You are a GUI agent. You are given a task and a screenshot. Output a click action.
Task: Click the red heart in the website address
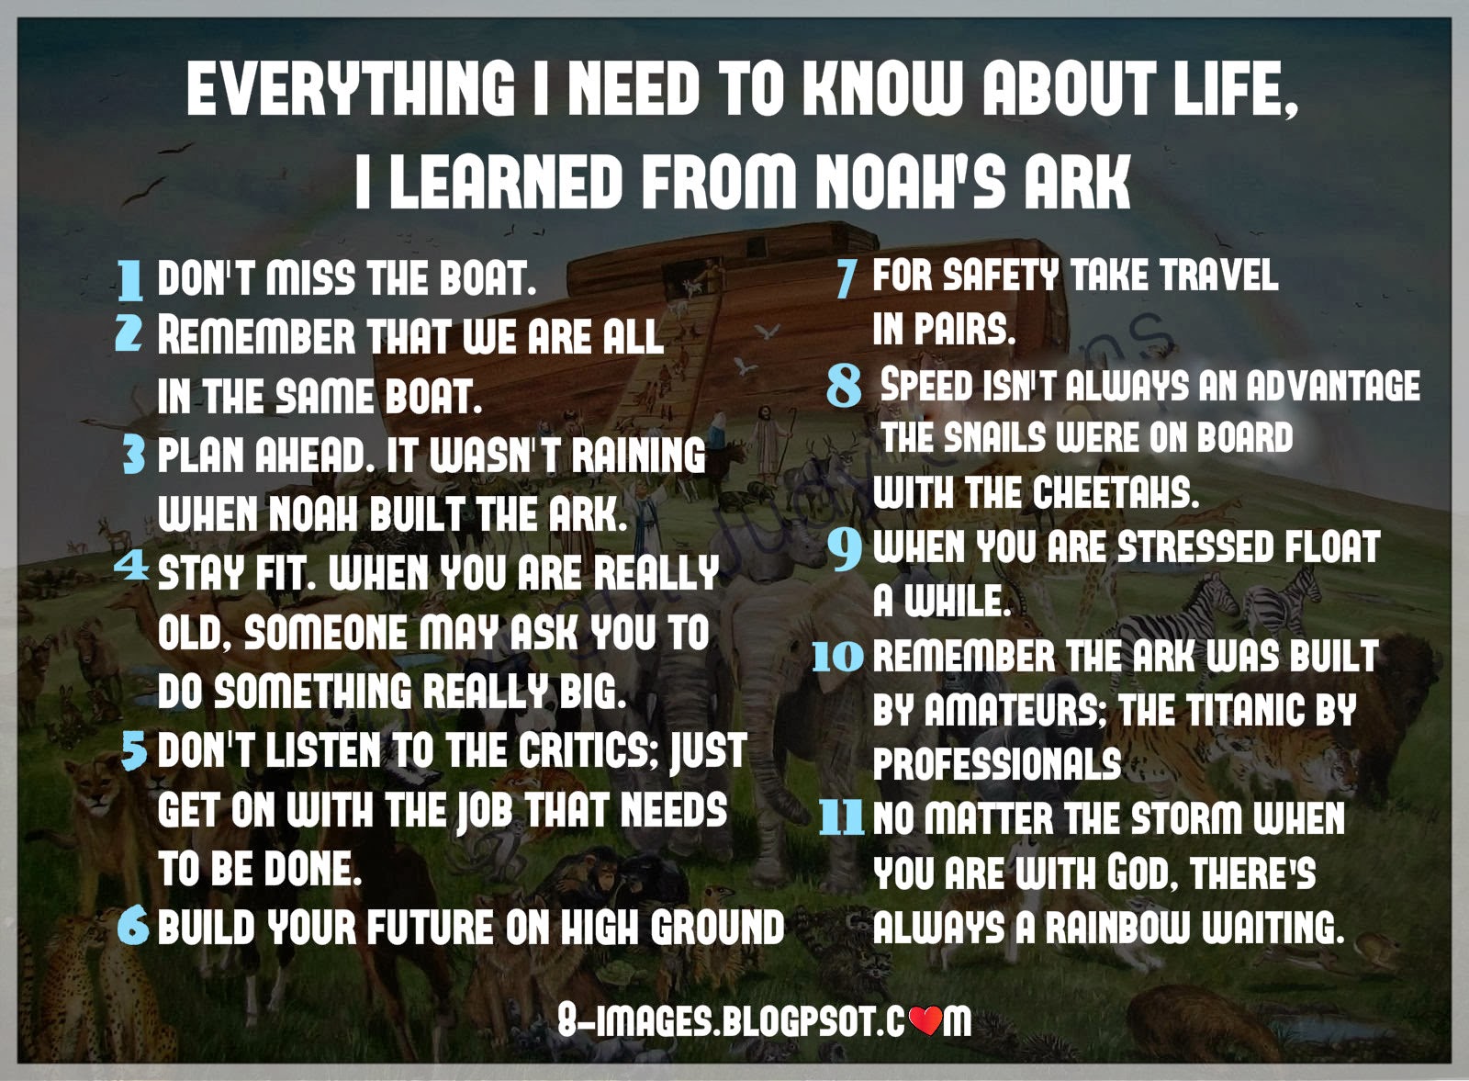pos(929,1019)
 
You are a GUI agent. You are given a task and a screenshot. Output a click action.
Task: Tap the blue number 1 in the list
pos(131,279)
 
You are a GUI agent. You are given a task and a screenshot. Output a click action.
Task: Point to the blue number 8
pos(844,386)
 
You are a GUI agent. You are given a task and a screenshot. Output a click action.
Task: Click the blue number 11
pos(841,816)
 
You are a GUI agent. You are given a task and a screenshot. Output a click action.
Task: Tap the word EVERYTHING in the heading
pos(351,88)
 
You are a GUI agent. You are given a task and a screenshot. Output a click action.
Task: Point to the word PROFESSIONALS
pos(997,763)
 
